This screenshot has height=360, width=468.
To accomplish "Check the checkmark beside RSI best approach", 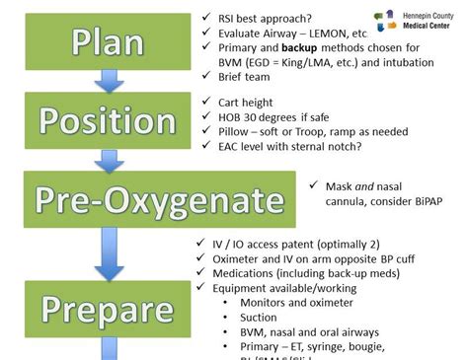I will coord(205,18).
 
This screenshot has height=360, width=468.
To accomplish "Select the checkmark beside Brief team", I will coord(205,76).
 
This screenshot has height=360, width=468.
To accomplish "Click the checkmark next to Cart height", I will coord(205,102).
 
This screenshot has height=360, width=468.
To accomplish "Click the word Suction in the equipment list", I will coord(259,318).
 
